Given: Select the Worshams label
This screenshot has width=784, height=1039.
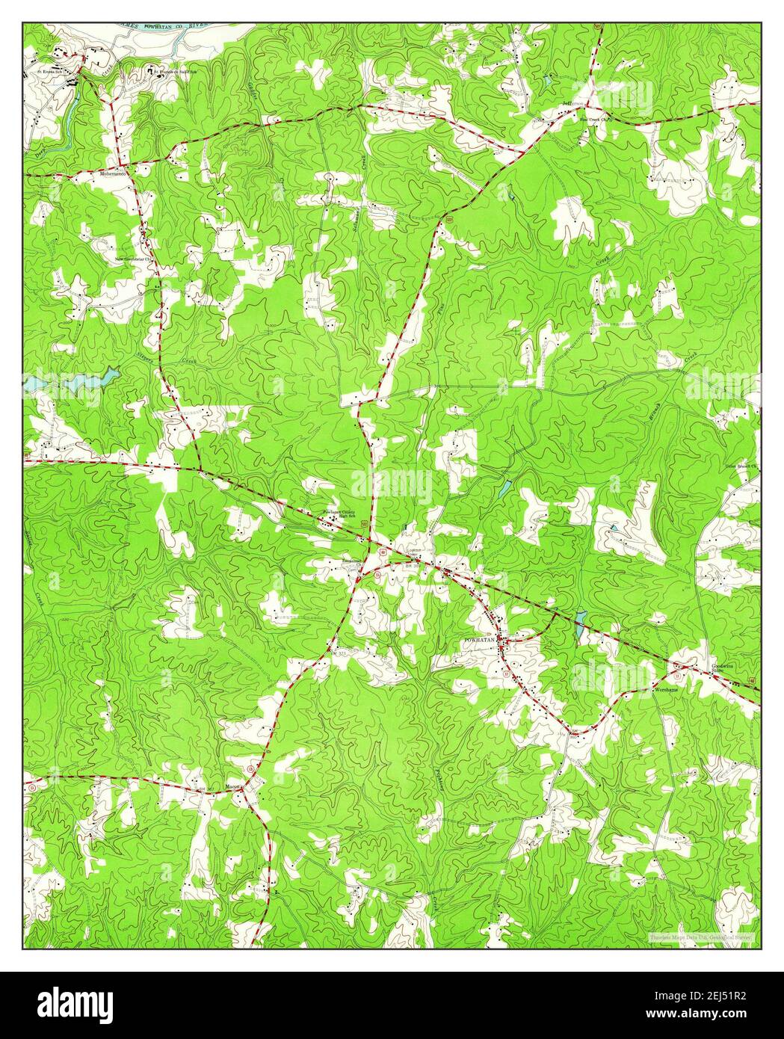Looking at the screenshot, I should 665,689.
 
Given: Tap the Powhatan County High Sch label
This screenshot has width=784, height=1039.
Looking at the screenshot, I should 339,514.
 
